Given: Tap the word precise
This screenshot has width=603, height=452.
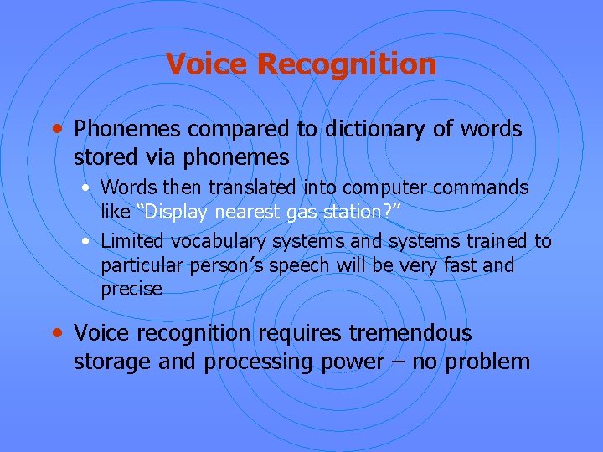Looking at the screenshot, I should pos(131,289).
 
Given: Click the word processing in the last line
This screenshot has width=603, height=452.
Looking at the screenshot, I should pos(261,362).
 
